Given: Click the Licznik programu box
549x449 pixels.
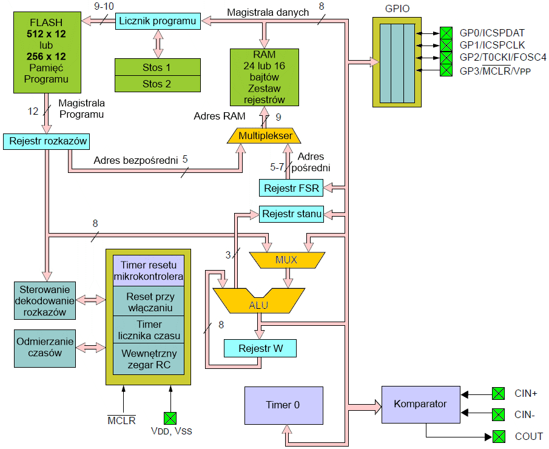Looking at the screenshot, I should point(158,21).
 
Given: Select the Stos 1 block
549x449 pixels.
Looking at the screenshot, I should point(157,67).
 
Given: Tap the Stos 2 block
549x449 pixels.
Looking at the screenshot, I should point(157,84).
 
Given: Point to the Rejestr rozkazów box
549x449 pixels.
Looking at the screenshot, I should point(47,142).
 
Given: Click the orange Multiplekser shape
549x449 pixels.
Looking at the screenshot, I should point(265,135).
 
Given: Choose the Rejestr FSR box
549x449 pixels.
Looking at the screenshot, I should point(291,188).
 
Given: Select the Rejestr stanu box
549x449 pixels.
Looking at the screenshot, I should point(291,214).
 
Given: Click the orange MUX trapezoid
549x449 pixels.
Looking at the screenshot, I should point(286,260).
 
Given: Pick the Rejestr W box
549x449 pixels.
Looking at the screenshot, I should point(260,348).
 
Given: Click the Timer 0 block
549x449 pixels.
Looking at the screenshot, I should point(283,405).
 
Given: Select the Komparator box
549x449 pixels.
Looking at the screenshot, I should point(420,404).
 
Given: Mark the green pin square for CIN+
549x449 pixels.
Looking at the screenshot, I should point(498,393).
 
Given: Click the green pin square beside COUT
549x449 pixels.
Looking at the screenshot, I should point(498,436).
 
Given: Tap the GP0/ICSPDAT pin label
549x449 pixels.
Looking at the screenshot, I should point(492,32).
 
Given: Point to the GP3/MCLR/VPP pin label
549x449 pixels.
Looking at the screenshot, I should point(494,71).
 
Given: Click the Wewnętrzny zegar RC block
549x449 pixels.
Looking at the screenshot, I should point(149,359).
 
